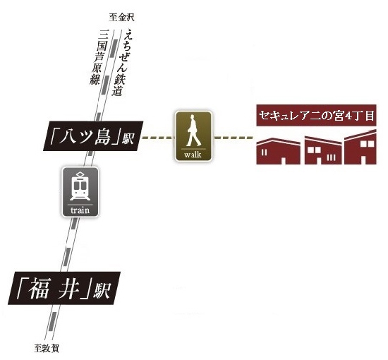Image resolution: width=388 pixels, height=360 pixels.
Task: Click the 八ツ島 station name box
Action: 93,136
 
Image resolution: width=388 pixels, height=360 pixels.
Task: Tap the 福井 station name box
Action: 64,288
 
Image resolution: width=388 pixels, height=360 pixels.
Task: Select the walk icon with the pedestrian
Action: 194,136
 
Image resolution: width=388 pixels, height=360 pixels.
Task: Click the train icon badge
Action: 80,192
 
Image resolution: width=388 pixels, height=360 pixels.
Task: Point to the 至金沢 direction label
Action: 122,18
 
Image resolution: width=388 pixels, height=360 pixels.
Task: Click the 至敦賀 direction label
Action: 47,349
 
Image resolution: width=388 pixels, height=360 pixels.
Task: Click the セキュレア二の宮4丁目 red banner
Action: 316,115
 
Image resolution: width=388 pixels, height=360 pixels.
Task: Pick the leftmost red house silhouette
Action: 279,152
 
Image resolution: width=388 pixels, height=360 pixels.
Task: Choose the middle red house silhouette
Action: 323,150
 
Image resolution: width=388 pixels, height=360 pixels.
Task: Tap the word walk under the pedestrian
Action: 193,155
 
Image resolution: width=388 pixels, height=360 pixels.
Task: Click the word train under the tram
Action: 80,210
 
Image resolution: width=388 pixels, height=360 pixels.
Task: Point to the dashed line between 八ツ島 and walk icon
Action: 158,137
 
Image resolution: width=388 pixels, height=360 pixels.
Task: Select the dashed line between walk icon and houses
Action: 234,137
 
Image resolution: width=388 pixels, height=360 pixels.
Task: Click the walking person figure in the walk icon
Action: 193,130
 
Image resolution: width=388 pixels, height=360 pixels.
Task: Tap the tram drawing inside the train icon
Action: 80,186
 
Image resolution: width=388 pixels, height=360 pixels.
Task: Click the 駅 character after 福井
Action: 102,290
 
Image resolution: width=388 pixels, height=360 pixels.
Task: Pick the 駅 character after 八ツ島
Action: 128,138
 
